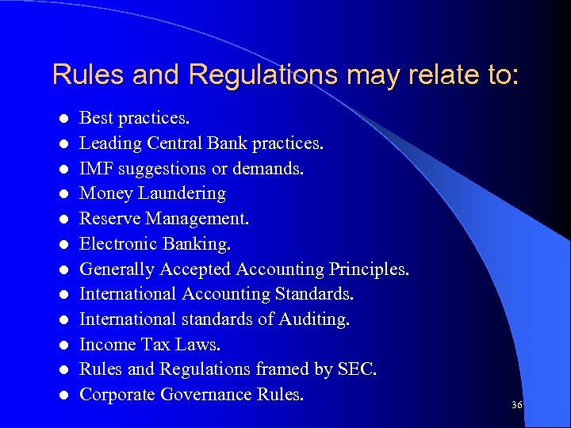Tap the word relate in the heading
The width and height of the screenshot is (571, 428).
[428, 75]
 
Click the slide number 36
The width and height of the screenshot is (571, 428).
[517, 406]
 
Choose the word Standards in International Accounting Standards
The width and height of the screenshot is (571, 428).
[314, 293]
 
